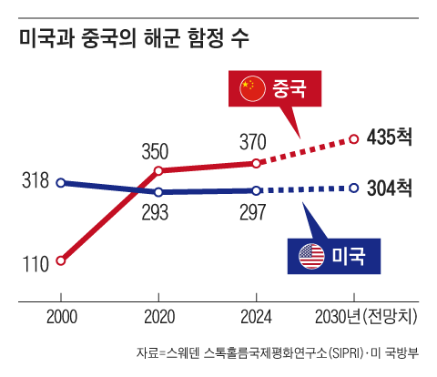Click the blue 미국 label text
pos(349,258)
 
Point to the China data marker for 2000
pos(61,260)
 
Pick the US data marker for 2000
pos(61,182)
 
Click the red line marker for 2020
pos(159,170)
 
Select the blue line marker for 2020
pos(159,192)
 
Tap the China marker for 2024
pos(257,163)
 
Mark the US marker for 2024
pos(257,190)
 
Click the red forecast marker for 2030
pos(354,139)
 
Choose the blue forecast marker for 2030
pos(354,188)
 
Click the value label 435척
pos(390,138)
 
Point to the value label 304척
pos(390,188)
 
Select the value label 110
pos(35,265)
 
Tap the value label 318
pos(35,180)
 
